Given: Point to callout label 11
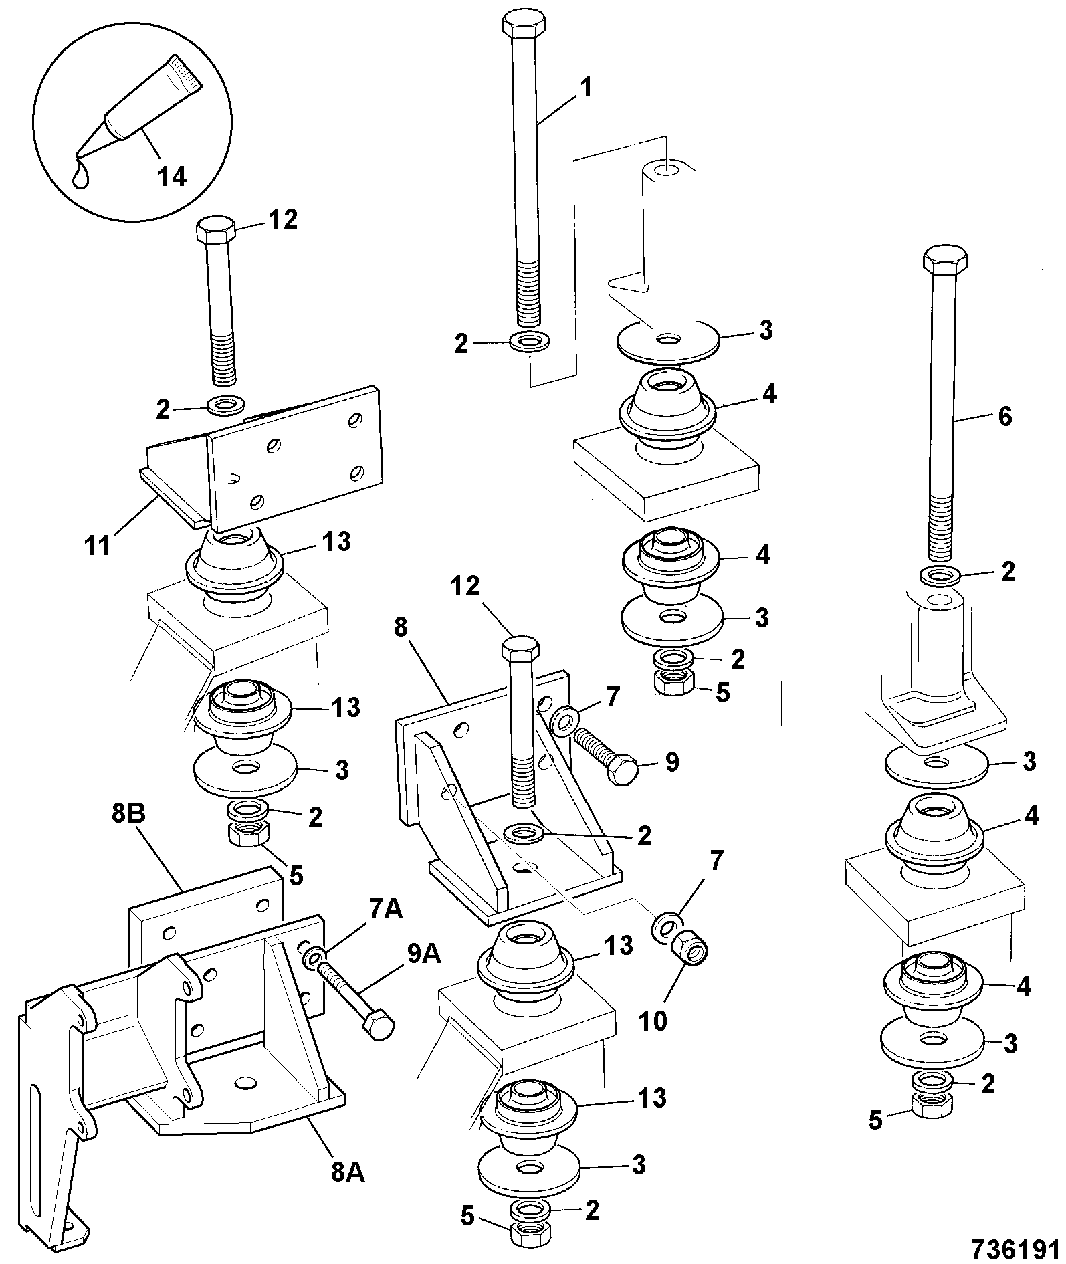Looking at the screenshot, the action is [98, 546].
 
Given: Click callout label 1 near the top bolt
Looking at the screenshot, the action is [585, 88].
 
